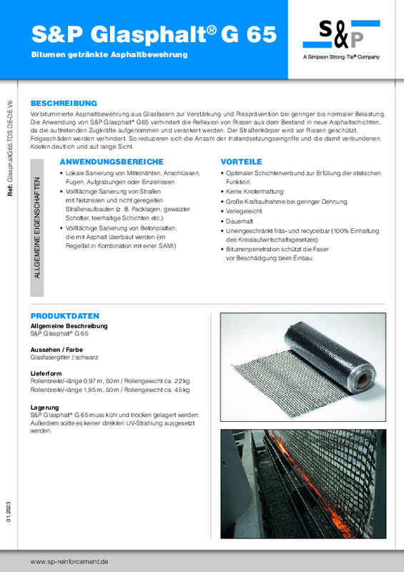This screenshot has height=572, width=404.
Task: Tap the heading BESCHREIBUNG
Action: coord(64,103)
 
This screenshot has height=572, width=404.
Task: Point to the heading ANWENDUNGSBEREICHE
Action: coord(112,162)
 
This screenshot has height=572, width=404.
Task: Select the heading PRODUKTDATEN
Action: coord(64,315)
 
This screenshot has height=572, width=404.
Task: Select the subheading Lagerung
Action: coord(45,407)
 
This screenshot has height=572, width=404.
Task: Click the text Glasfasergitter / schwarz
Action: coord(66,357)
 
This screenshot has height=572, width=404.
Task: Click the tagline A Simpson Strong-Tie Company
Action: coord(341,57)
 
